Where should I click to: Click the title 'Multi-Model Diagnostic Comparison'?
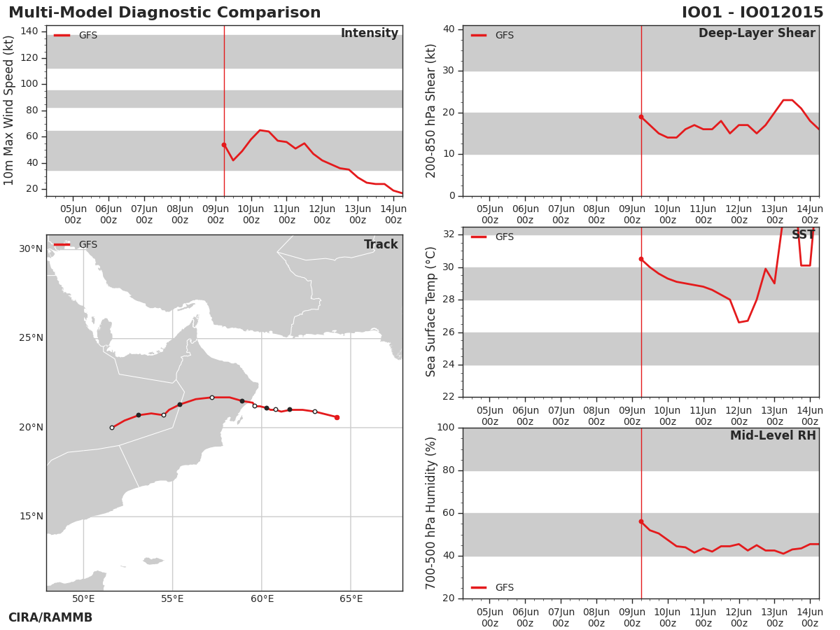pos(164,12)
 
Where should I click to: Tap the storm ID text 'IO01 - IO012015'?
pos(752,12)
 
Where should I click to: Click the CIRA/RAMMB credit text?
pos(50,617)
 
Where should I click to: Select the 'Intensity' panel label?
pos(370,34)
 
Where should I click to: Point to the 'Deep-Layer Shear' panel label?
pos(757,34)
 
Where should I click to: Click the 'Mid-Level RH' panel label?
pos(773,435)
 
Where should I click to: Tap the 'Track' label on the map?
pos(381,244)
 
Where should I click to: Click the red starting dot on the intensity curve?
pos(224,145)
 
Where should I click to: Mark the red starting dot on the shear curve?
pos(641,117)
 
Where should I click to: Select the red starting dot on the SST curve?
pos(641,259)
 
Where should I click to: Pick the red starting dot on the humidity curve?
pos(641,521)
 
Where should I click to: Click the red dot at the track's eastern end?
pos(337,418)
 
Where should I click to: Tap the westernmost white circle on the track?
pos(112,428)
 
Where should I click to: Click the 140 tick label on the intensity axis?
pos(29,31)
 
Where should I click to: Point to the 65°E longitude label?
pos(351,598)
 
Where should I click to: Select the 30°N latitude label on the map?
pos(31,249)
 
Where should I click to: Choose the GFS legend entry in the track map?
pos(76,244)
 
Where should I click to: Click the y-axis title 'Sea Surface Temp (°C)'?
pos(430,311)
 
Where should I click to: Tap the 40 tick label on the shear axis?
pos(449,29)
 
